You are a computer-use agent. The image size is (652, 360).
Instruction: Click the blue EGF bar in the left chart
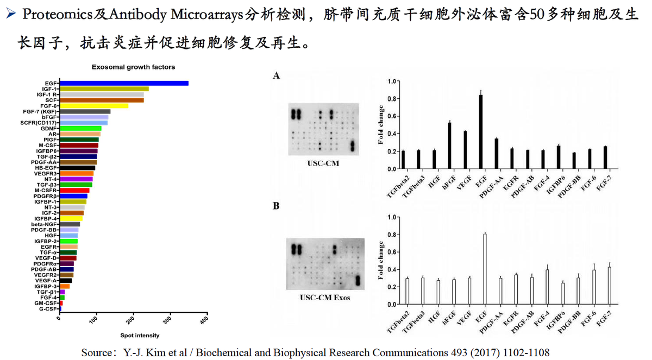coord(124,83)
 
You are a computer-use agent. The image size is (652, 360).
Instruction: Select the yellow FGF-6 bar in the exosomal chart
coord(94,106)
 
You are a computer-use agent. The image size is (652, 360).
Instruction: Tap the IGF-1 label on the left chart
coord(51,89)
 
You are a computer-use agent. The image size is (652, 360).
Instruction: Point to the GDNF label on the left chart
coord(49,128)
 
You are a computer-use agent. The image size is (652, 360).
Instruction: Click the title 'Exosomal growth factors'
coord(133,67)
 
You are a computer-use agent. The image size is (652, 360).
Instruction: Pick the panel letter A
coord(277,76)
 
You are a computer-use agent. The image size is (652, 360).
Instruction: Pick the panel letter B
coord(277,206)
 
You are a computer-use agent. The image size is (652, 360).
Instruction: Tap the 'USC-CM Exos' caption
coord(325,298)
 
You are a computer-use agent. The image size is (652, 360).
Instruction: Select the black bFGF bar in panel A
coord(449,146)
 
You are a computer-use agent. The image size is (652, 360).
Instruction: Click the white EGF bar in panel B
coord(484,269)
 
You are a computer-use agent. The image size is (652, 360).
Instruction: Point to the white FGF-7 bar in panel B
coord(609,286)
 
